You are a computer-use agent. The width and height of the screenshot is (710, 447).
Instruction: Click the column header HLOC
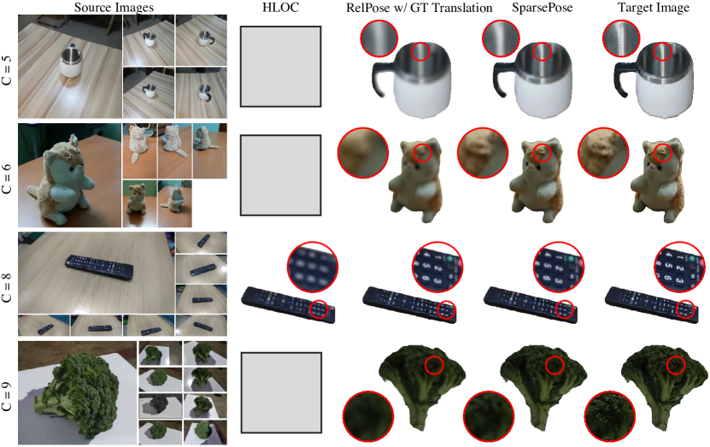(280, 8)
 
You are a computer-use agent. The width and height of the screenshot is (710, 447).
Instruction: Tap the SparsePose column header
(542, 8)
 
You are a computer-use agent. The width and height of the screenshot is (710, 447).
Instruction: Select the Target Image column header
(654, 8)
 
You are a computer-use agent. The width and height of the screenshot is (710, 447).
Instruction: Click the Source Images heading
(114, 8)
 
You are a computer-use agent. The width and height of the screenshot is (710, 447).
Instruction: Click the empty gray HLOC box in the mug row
(280, 66)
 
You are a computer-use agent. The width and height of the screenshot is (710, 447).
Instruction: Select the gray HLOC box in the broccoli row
(281, 392)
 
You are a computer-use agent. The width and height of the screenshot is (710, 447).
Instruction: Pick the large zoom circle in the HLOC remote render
(313, 268)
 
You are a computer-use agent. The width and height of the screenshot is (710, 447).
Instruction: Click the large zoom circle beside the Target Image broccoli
(610, 416)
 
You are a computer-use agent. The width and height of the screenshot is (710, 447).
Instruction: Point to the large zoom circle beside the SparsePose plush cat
(483, 153)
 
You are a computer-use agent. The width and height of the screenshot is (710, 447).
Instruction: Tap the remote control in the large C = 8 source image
(100, 267)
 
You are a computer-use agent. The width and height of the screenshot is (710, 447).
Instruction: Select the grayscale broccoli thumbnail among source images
(160, 403)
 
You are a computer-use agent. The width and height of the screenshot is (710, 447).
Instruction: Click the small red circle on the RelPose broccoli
(434, 365)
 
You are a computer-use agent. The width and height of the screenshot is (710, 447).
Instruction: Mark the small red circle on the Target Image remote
(687, 309)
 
